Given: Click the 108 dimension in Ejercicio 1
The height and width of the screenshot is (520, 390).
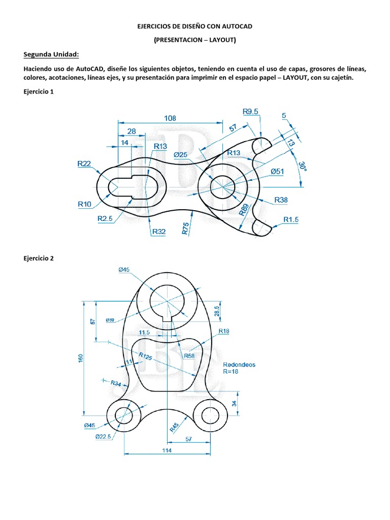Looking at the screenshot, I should [x=170, y=118].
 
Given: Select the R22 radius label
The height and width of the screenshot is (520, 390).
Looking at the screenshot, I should [x=84, y=164].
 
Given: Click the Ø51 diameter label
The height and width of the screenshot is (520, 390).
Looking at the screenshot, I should [x=277, y=172].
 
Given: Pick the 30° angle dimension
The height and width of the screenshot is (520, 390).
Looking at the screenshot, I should [x=302, y=167].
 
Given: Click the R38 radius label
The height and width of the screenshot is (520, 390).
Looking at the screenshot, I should [x=281, y=200].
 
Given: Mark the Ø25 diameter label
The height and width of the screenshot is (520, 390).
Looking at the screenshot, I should [x=181, y=154].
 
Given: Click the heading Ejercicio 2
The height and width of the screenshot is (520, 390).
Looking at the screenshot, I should [x=38, y=258].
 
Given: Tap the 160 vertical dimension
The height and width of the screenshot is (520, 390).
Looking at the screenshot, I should [x=80, y=358].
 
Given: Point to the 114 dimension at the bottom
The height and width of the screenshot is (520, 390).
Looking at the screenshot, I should [x=167, y=450].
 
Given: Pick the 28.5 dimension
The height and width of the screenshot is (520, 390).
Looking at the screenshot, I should [x=217, y=310].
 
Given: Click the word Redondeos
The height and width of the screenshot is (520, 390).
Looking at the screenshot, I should [x=239, y=365].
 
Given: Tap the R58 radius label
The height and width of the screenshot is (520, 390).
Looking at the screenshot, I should [x=189, y=356].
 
